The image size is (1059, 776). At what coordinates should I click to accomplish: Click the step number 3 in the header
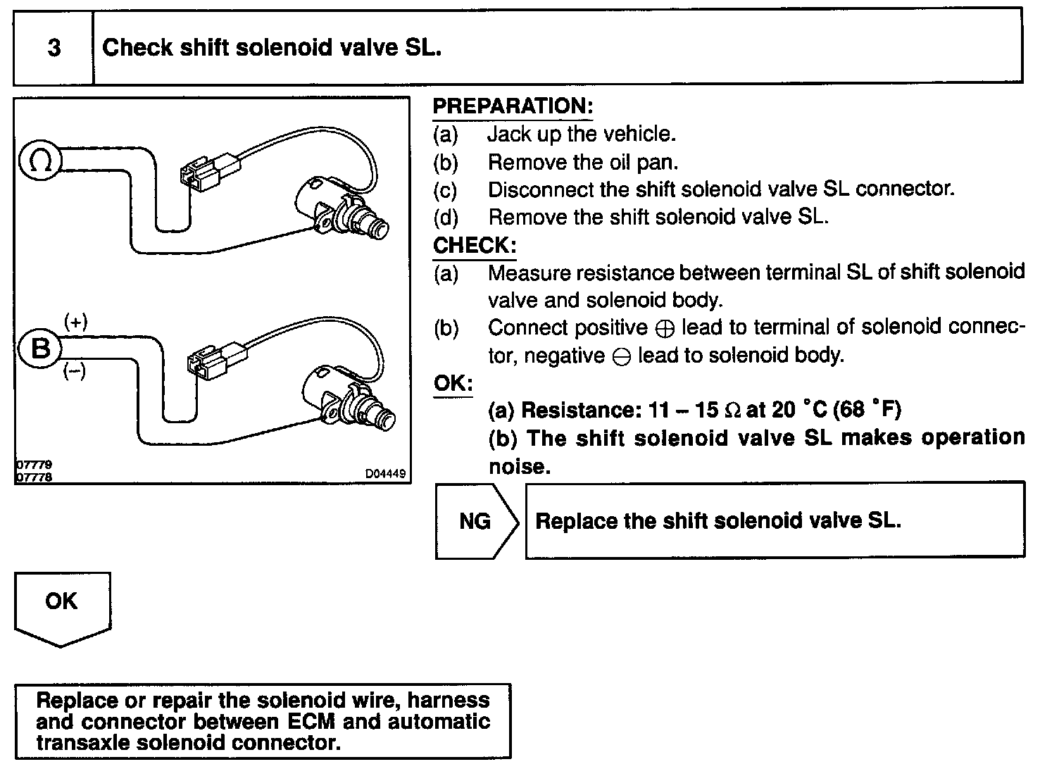54,48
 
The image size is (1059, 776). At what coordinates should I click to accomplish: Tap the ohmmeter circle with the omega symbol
39,161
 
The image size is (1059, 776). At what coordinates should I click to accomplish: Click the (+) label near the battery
75,323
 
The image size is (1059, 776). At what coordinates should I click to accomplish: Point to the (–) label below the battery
75,371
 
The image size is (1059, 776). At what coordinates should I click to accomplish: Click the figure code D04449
384,474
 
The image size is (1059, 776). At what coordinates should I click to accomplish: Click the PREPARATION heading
513,106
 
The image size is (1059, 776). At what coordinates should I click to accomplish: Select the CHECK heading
475,245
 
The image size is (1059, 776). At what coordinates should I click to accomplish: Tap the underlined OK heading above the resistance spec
453,384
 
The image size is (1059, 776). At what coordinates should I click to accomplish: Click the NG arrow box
476,521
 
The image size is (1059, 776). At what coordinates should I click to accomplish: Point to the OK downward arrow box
62,605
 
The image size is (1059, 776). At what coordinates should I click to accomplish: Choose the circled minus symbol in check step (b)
621,357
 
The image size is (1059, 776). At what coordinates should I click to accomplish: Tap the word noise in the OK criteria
518,467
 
